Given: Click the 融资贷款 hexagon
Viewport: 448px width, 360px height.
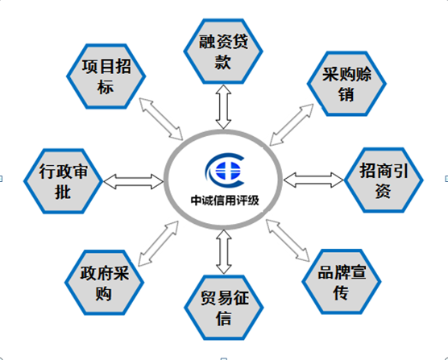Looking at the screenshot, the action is coord(223,52).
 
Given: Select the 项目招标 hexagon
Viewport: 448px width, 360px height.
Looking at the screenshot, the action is coord(106,77).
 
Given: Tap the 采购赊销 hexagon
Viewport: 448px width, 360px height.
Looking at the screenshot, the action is coord(346,84).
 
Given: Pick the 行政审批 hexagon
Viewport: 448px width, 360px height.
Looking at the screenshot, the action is coord(63,181).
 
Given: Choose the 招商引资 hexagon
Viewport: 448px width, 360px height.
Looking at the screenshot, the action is coord(384,180).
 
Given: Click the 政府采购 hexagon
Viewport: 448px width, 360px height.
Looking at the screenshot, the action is coord(104,283).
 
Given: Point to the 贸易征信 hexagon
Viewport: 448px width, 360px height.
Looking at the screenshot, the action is coord(224,308).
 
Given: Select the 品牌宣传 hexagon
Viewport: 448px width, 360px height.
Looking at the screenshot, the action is coord(342,282).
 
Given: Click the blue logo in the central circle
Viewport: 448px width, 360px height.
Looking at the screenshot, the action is coord(226,171).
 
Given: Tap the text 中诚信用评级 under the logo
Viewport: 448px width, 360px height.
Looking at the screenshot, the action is coord(225,201).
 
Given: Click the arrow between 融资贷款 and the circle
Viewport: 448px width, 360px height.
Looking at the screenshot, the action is coord(223,107).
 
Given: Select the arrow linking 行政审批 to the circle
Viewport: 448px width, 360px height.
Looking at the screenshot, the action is coord(134,181).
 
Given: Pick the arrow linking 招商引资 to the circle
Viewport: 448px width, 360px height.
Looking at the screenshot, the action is coord(313,180).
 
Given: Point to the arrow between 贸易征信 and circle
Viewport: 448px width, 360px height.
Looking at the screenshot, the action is coord(224,252).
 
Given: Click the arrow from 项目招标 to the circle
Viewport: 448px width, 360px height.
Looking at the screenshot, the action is coord(161,118).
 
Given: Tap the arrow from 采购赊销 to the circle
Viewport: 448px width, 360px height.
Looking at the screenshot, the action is coord(292,125).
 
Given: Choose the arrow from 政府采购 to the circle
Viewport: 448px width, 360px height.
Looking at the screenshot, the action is coord(158,243).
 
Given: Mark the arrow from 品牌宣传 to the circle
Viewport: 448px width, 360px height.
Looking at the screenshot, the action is coord(288,240).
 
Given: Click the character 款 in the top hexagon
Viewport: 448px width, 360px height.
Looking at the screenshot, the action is coord(223,62).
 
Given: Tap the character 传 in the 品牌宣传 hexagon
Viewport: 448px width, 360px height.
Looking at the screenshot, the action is coord(341,292).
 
